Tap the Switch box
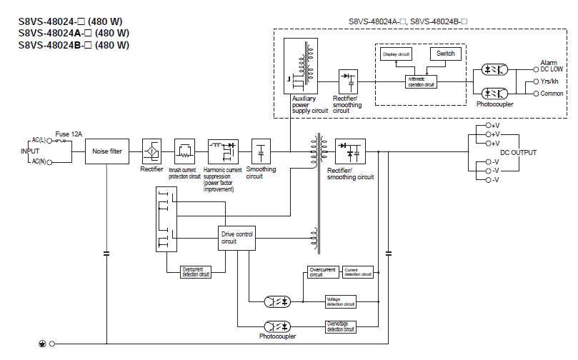click(444, 54)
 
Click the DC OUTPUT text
click(519, 153)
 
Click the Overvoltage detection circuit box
click(340, 326)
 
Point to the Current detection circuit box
click(358, 272)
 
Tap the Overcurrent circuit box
click(322, 272)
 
